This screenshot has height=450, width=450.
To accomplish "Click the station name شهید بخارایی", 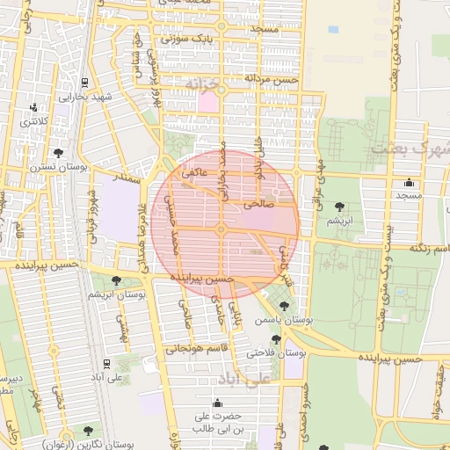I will click(83, 97).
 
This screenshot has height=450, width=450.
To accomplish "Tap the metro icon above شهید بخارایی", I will click(83, 84).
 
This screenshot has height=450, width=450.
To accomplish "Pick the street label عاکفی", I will click(195, 174).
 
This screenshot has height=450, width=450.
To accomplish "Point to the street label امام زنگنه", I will click(422, 249).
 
